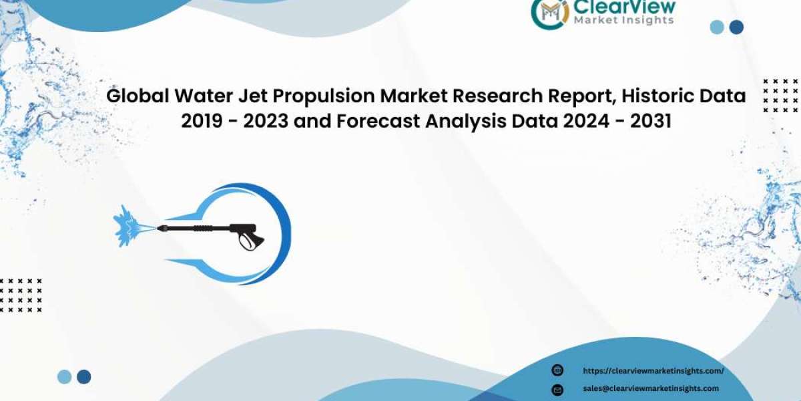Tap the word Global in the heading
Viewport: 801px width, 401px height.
pos(138,96)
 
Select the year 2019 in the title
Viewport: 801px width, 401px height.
pos(202,121)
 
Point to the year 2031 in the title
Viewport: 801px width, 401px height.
pos(650,121)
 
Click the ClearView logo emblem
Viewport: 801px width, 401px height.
pos(549,13)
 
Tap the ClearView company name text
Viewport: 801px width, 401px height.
pos(624,7)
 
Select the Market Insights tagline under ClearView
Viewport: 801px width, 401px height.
pos(624,21)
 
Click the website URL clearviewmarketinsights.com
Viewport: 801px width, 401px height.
pos(653,371)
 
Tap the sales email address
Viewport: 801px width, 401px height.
pos(651,388)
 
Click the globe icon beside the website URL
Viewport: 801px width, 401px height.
pos(557,370)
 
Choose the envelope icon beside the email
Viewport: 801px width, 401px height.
pos(557,389)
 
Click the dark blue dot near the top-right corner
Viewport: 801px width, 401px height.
pos(736,27)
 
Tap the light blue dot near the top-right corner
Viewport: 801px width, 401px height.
pos(717,27)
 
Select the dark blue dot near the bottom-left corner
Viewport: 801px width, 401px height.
pos(83,377)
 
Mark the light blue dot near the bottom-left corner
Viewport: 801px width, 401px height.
pos(64,377)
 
